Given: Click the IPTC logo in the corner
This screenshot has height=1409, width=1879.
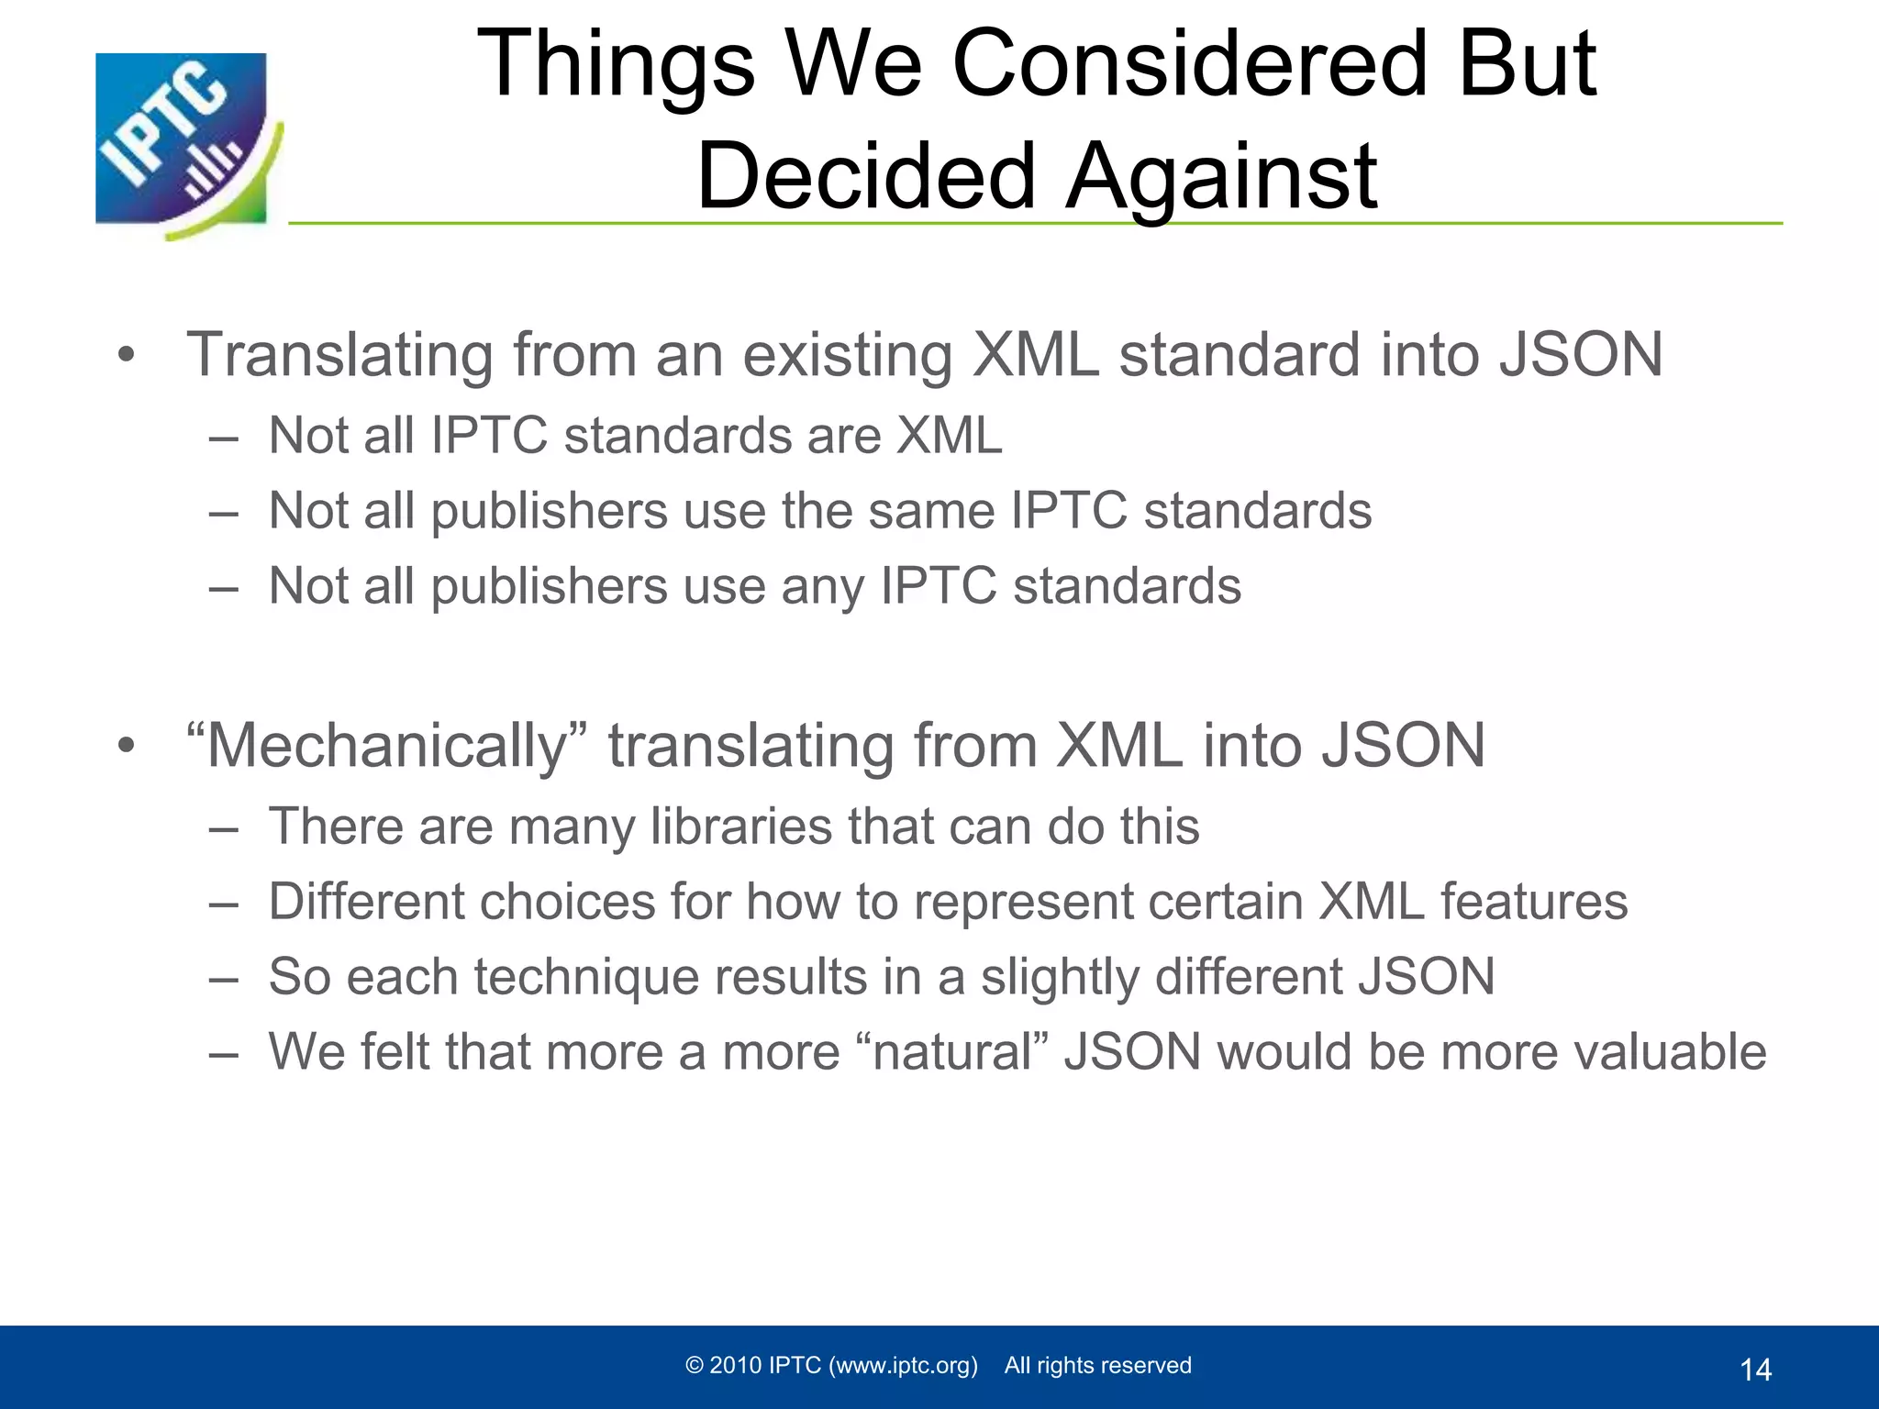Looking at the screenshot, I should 183,142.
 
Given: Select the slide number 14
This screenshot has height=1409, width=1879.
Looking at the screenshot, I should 1755,1370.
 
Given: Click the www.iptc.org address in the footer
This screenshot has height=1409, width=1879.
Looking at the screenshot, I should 903,1365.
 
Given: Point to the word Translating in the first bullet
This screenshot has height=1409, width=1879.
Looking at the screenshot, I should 339,356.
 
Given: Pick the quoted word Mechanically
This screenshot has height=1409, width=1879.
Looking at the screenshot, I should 385,746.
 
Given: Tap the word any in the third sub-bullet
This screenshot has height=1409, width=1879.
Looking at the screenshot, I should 822,587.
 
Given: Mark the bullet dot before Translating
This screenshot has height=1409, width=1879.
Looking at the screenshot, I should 127,355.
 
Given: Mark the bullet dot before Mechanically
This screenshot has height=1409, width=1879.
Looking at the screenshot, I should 127,746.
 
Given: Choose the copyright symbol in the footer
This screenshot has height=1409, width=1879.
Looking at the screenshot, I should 695,1365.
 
